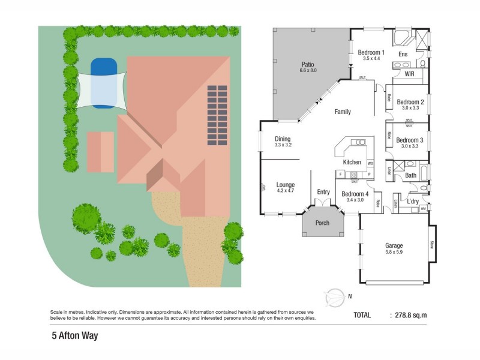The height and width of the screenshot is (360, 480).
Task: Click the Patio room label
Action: click(x=307, y=65)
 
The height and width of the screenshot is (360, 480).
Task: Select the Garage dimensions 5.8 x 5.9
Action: click(x=394, y=253)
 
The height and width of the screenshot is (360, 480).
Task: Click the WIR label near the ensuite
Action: click(x=410, y=74)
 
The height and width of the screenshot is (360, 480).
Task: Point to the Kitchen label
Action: click(x=352, y=162)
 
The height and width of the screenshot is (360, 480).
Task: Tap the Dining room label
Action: click(x=283, y=139)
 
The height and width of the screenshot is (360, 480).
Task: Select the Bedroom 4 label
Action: click(x=354, y=194)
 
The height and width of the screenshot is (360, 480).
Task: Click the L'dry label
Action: click(x=413, y=201)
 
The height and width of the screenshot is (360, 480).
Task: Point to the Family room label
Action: click(x=343, y=112)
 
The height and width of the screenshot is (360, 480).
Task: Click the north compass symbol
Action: click(x=334, y=296)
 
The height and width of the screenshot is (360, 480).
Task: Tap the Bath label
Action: click(x=410, y=175)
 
